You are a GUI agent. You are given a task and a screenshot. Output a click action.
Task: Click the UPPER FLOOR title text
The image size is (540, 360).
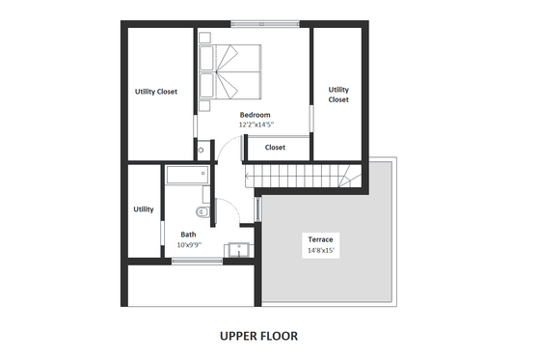[258, 336]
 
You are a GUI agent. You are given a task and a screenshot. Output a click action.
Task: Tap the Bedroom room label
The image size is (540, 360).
[256, 115]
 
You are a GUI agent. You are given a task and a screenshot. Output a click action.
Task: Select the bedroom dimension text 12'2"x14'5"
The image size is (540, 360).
[256, 125]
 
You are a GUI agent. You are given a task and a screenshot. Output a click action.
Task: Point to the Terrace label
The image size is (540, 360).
[321, 238]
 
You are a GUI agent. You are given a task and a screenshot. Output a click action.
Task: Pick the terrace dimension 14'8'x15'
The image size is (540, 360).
[321, 249]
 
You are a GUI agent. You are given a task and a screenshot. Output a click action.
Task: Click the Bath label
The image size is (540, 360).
[188, 234]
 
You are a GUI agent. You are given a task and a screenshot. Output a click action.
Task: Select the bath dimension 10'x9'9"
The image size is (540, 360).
[188, 244]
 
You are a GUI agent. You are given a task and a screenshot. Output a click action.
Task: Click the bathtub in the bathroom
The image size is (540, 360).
[186, 176]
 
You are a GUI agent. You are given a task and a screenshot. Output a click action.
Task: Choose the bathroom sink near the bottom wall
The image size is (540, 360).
[237, 250]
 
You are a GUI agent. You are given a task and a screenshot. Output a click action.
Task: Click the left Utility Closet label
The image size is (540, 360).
[155, 92]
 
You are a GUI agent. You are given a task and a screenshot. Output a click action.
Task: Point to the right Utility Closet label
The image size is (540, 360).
[338, 95]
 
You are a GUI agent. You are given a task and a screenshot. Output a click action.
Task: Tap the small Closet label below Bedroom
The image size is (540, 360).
[275, 148]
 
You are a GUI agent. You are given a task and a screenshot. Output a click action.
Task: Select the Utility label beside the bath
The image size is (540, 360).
[144, 208]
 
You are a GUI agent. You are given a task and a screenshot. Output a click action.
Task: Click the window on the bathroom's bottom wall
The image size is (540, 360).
[198, 260]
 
